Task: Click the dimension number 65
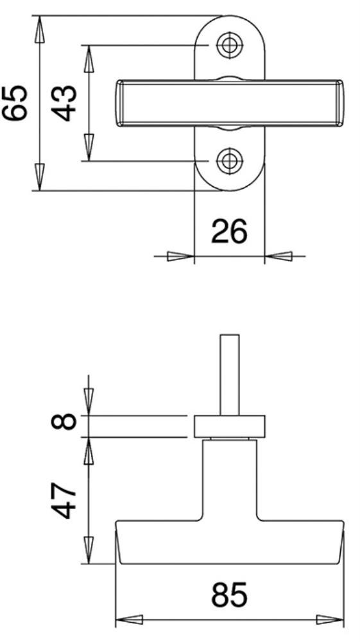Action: click(15, 103)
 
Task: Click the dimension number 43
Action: click(65, 103)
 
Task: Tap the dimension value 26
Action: click(229, 231)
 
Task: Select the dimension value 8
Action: click(64, 421)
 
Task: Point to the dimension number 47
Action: click(64, 500)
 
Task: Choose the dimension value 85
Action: click(229, 594)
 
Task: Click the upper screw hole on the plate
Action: click(230, 45)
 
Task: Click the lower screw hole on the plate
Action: click(230, 161)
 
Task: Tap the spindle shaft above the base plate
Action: click(230, 375)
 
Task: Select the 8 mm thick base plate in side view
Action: click(230, 426)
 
